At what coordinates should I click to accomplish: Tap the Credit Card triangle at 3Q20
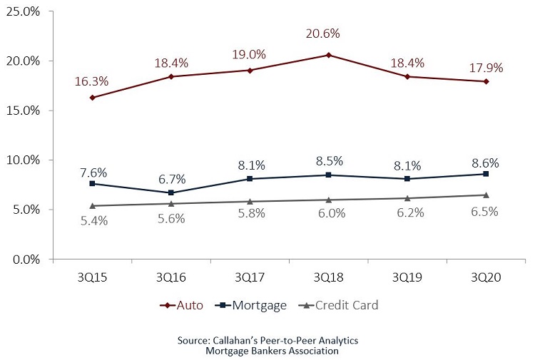coord(486,195)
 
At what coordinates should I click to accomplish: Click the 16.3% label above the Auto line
coord(92,81)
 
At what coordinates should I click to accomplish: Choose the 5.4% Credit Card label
coord(93,221)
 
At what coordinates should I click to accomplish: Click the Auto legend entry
coord(183,305)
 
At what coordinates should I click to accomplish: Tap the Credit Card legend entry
coord(341,305)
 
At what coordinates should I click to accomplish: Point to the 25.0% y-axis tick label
coord(23,11)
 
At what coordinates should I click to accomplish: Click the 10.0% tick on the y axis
coord(23,160)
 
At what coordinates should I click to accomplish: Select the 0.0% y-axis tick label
coord(26,259)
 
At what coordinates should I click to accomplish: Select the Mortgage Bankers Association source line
coord(267,351)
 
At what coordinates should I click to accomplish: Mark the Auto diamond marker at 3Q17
coord(250,71)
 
